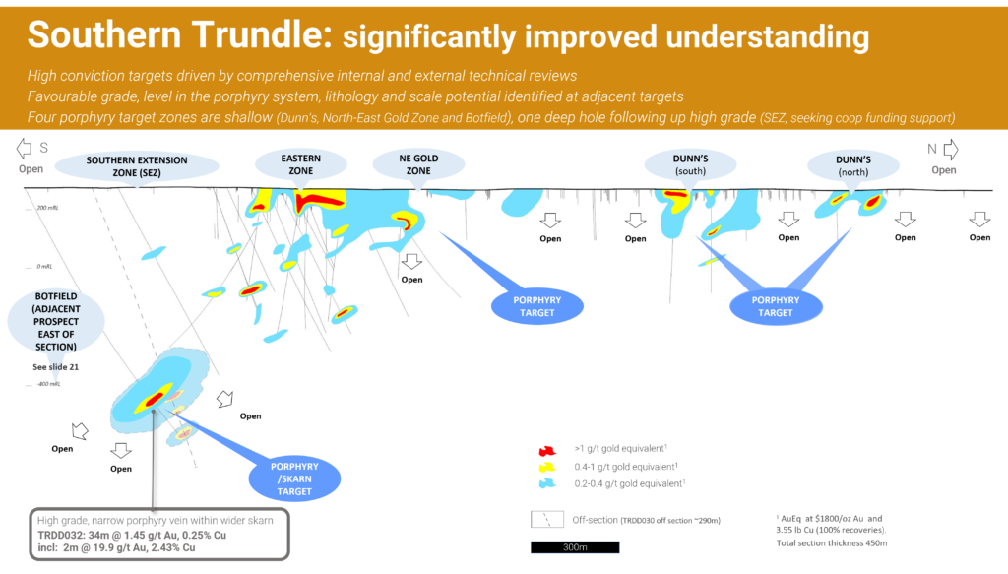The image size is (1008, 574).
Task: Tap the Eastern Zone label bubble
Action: (300, 164)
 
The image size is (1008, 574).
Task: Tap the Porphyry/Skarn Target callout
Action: (294, 478)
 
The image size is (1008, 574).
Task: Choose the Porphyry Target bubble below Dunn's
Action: (775, 306)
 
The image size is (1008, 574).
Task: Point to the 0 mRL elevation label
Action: (45, 267)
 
